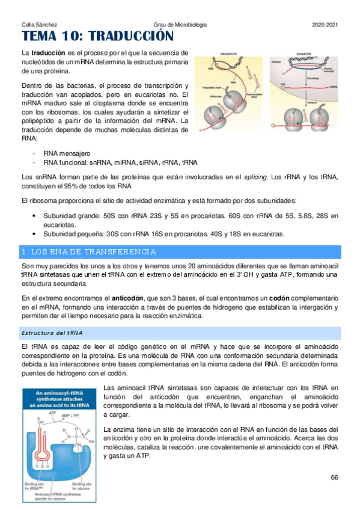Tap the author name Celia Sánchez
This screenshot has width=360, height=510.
[x=35, y=25]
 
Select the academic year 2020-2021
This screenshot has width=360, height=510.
[x=326, y=25]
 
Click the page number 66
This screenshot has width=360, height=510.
[x=335, y=477]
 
